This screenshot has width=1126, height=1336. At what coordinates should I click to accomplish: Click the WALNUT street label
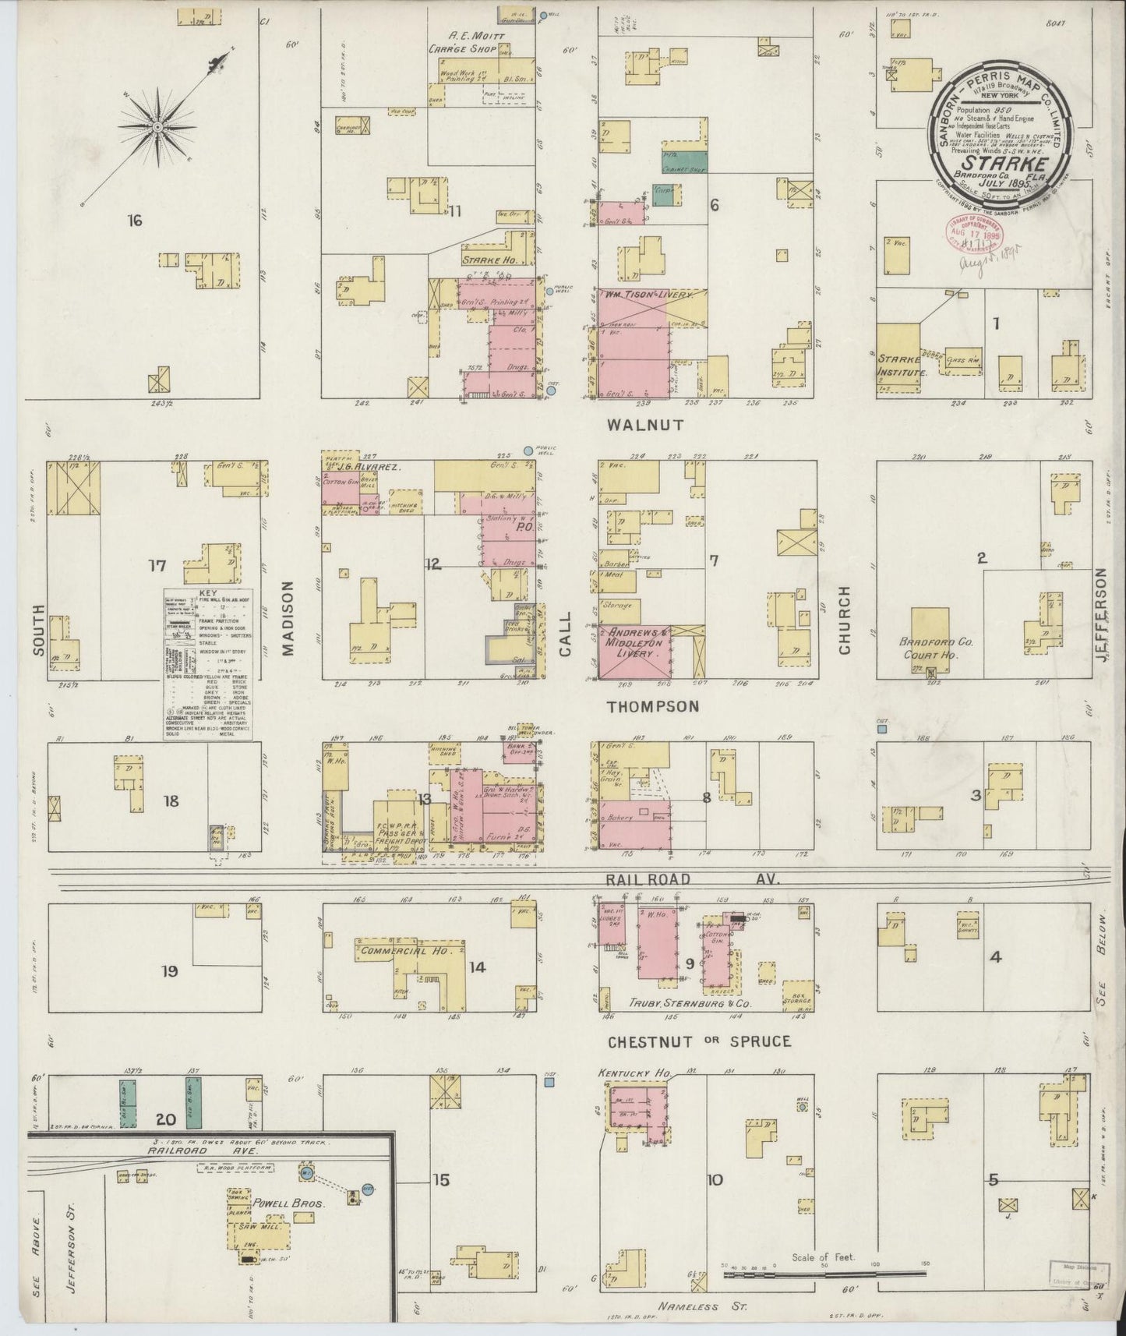coord(646,425)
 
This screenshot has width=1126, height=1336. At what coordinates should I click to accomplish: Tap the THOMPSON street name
coord(653,706)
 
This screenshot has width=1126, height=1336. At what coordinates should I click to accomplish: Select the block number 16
coord(135,221)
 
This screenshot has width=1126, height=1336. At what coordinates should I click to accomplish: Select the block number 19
coord(170,971)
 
